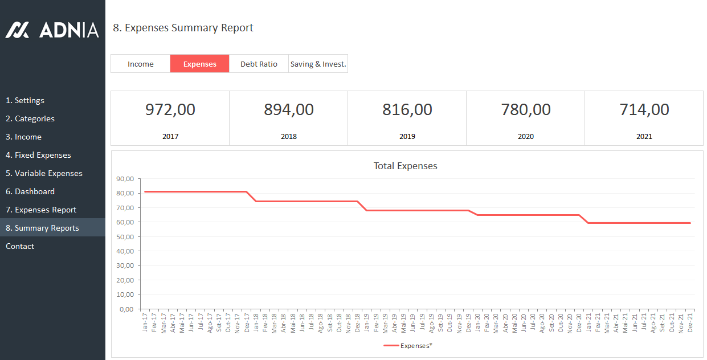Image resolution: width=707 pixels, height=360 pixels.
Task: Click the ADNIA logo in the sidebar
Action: [52, 30]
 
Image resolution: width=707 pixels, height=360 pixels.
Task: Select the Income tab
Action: [140, 64]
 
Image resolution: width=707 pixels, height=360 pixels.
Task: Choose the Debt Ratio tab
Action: [259, 64]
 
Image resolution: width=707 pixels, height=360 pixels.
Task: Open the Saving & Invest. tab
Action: [318, 64]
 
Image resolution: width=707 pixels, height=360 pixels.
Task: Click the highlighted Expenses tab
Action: [199, 64]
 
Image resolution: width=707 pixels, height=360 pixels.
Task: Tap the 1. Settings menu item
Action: [25, 100]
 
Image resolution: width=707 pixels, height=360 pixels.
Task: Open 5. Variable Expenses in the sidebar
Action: [44, 173]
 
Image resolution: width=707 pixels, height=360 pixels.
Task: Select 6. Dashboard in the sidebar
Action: [30, 191]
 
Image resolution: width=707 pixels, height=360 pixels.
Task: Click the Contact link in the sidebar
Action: [20, 246]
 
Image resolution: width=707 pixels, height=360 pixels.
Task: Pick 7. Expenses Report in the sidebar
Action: [41, 210]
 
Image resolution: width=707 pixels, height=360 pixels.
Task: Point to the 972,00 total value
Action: [170, 109]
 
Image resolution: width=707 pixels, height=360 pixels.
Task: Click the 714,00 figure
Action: [644, 109]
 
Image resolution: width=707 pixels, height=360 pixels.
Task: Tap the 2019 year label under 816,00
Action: [407, 137]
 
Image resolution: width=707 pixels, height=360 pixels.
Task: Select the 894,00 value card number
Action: [288, 109]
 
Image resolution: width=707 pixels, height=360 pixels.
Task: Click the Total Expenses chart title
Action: [405, 166]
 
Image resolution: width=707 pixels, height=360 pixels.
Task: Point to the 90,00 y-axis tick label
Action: [124, 179]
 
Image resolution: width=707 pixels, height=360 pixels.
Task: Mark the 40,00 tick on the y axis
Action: [124, 251]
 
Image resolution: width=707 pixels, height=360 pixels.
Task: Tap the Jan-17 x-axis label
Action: [145, 322]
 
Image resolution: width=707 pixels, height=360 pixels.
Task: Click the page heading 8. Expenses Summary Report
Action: [183, 28]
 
